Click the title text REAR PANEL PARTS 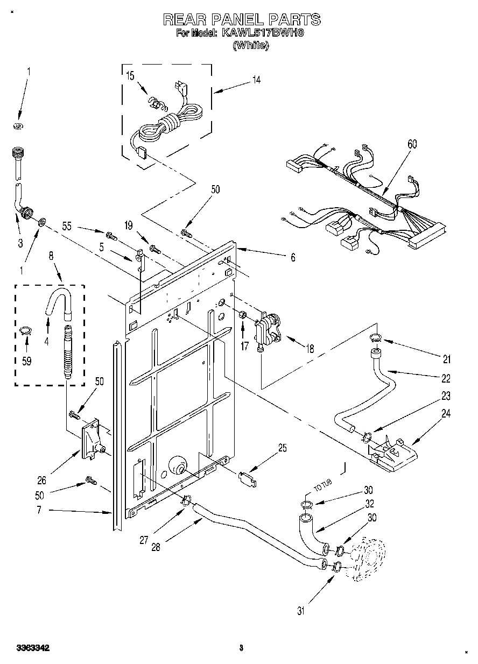242,20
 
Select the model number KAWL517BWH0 263,33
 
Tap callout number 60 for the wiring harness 412,145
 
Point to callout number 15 130,76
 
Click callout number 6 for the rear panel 293,258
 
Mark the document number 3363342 33,649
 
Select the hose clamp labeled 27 186,500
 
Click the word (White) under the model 250,46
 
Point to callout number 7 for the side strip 39,510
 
